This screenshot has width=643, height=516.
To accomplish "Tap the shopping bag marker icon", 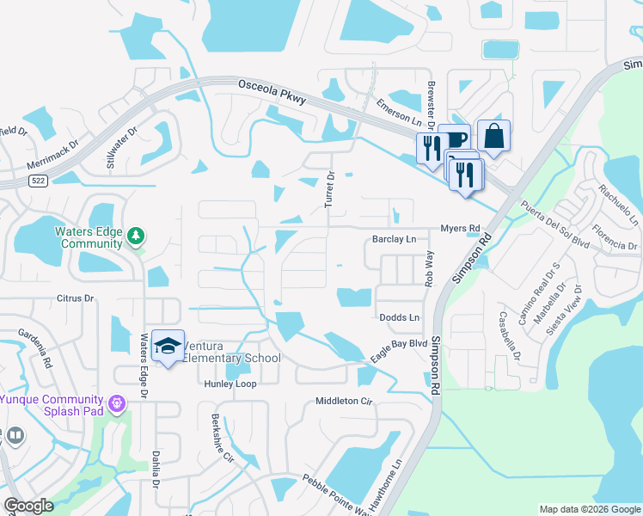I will [x=493, y=135].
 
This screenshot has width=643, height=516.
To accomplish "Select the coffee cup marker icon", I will [x=454, y=138].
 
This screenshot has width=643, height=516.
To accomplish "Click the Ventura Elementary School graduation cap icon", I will [x=168, y=346].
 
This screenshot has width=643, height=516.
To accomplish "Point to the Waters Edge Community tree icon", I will [x=135, y=236].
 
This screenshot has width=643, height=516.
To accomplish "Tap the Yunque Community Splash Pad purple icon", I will [x=117, y=402].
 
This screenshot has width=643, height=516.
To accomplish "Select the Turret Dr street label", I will [x=329, y=187].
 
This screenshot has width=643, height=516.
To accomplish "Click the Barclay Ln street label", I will [x=394, y=239].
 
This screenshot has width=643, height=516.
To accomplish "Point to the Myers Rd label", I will [x=460, y=229].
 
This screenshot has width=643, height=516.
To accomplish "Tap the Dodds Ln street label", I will [x=400, y=318].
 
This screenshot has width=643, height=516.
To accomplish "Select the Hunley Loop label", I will [x=230, y=384].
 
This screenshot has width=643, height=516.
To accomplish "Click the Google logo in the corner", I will [x=29, y=505].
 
